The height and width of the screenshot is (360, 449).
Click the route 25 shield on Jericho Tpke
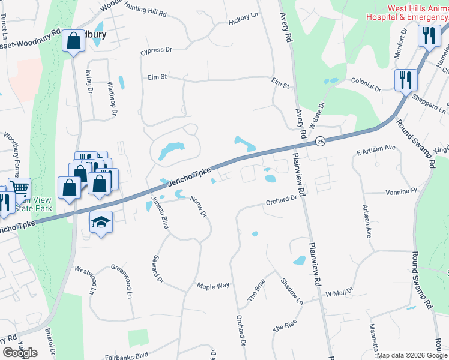(x=321, y=141)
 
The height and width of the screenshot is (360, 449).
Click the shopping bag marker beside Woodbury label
(x=74, y=42)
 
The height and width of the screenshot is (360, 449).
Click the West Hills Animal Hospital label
(x=408, y=13)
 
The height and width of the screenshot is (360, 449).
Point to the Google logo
(x=20, y=352)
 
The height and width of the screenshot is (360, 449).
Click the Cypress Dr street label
(x=156, y=50)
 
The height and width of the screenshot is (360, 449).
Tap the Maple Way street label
(x=214, y=286)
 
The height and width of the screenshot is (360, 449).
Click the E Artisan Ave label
(x=376, y=147)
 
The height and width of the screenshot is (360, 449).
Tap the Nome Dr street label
(x=198, y=206)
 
